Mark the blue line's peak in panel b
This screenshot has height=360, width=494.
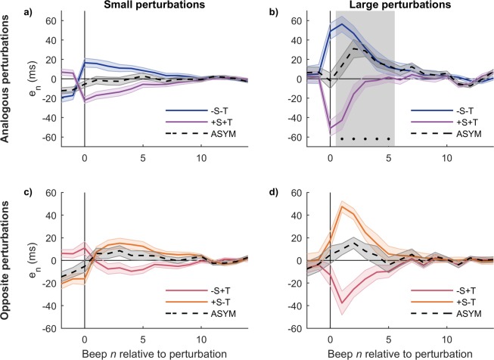pyautogui.click(x=343, y=24)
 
